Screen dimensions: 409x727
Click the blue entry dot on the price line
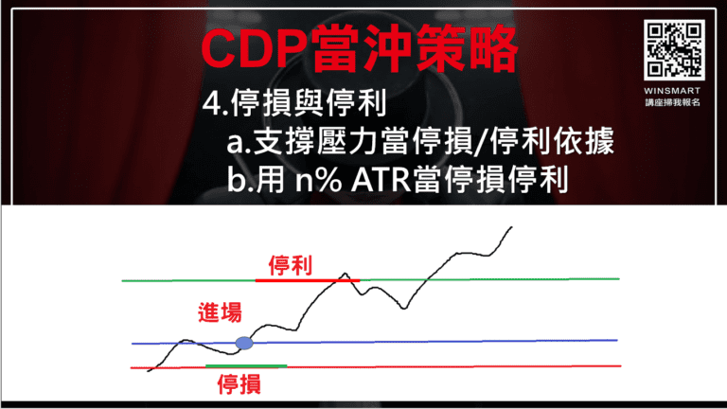pos(244,343)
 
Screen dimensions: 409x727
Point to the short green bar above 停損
pos(245,365)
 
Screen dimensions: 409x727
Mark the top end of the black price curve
pos(512,227)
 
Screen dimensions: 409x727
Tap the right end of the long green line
pos(617,279)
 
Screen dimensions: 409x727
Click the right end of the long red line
pos(620,365)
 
